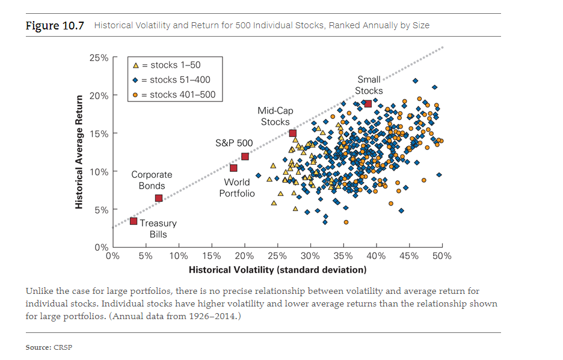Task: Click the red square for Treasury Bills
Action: tap(134, 221)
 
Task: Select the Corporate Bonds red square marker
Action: tap(159, 198)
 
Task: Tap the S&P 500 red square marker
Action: tap(245, 157)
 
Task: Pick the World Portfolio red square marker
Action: tap(233, 168)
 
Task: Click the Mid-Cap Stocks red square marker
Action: tap(293, 133)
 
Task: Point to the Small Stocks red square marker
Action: tap(368, 104)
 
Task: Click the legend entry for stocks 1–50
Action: tap(171, 65)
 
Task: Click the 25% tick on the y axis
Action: tap(99, 58)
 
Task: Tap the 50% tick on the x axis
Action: tap(441, 256)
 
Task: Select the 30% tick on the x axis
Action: tap(310, 256)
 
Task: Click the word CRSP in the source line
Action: tap(63, 347)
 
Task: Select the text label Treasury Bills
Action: tap(158, 228)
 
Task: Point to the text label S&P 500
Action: tap(234, 143)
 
